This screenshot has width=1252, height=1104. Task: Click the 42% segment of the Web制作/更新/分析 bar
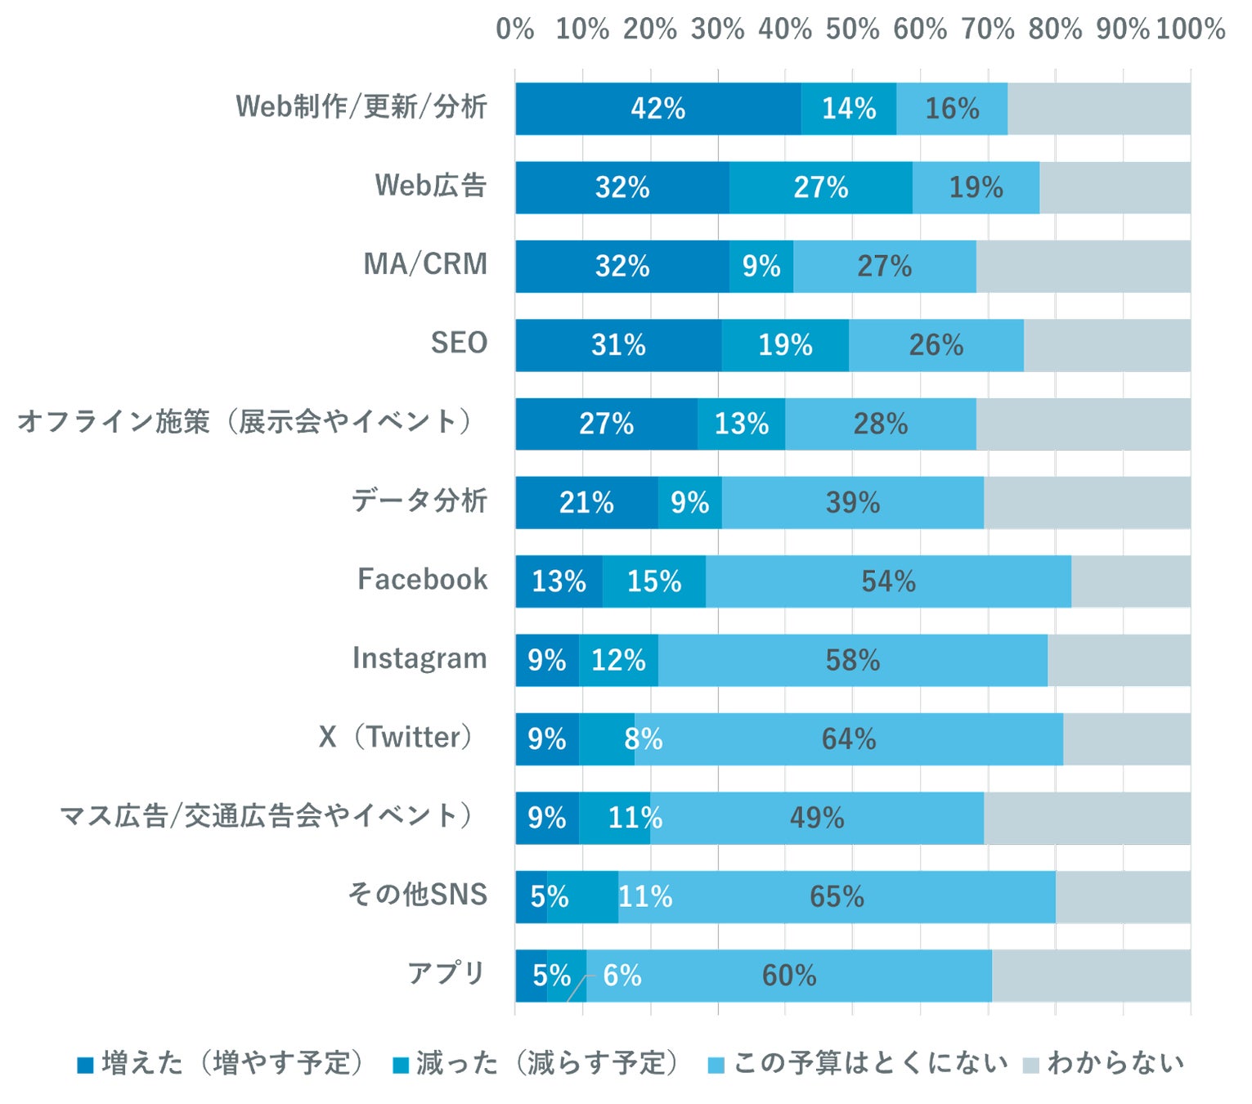(x=657, y=109)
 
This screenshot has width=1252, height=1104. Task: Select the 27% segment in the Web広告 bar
(x=820, y=187)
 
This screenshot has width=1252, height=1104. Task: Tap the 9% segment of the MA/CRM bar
(x=761, y=267)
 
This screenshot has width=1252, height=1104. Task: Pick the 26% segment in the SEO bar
(x=936, y=345)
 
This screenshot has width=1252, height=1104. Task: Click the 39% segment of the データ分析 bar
(x=852, y=503)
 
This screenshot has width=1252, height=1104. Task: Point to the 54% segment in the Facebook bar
(x=888, y=581)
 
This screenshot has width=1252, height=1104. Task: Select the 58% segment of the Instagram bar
(x=852, y=661)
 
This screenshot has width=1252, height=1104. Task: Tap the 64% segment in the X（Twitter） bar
(x=848, y=739)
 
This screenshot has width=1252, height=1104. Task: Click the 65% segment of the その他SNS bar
(x=837, y=897)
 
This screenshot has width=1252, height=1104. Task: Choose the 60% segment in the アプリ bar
(x=788, y=976)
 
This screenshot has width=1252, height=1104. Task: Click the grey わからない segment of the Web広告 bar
(x=1115, y=187)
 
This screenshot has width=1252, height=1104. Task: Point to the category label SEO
(x=459, y=343)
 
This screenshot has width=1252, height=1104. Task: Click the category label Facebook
(x=422, y=579)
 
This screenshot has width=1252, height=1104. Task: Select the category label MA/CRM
(x=425, y=264)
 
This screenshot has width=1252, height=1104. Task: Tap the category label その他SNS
(x=417, y=894)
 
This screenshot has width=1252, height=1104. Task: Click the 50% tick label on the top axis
(x=852, y=29)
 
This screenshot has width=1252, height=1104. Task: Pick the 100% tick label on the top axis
(x=1190, y=29)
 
